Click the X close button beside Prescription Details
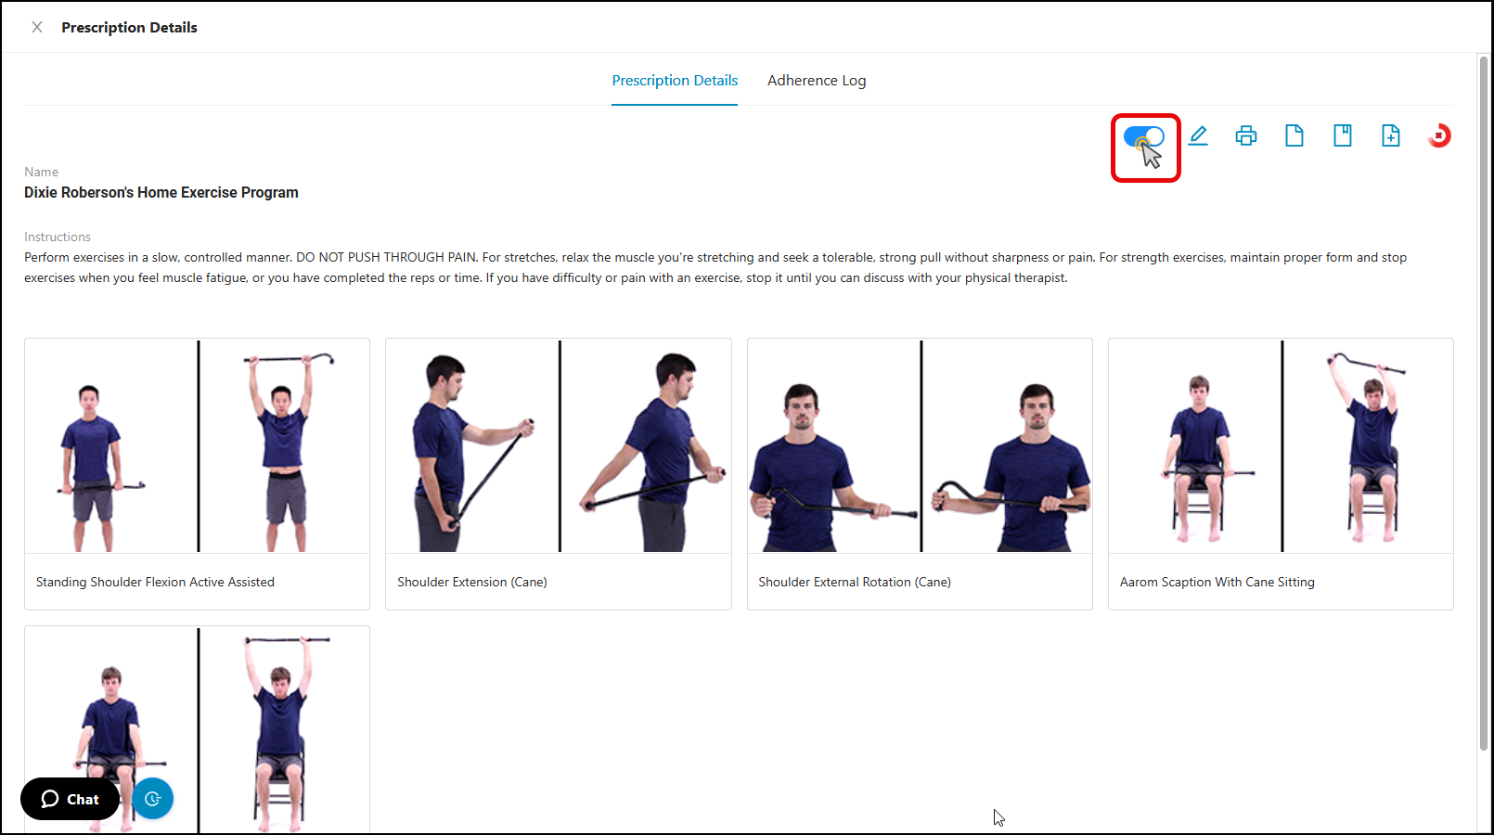point(37,27)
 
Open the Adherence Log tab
point(817,81)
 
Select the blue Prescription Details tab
point(675,81)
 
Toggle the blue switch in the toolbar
point(1144,136)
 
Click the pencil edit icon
point(1198,136)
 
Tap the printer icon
point(1246,136)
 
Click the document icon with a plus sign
point(1391,136)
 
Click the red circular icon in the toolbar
point(1439,136)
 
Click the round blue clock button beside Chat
point(153,798)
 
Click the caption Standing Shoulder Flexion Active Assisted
point(155,583)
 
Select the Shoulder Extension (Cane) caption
point(472,583)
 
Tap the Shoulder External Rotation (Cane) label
point(855,583)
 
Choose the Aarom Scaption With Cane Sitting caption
point(1217,583)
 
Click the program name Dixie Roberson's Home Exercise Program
point(161,193)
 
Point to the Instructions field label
point(58,237)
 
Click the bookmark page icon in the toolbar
point(1343,136)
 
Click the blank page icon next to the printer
point(1294,136)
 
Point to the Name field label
point(42,172)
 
